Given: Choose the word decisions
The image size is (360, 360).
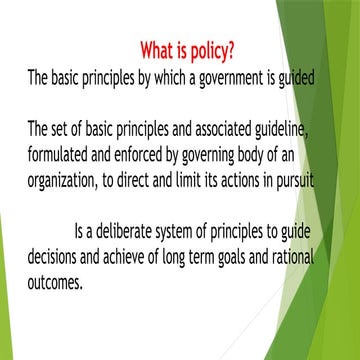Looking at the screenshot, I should coord(56,237).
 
